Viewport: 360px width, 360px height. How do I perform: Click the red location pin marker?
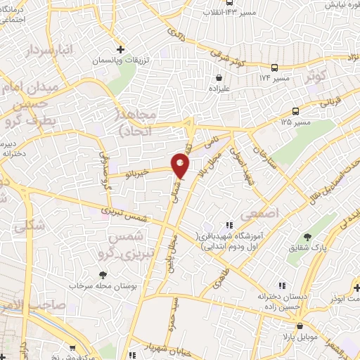click(181, 165)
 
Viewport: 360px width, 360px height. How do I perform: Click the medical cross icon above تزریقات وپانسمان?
click(122, 50)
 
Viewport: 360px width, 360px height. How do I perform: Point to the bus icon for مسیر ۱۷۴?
click(274, 68)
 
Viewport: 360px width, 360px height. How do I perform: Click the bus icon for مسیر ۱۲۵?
click(296, 111)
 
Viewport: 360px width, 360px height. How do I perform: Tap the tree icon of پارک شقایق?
click(307, 236)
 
